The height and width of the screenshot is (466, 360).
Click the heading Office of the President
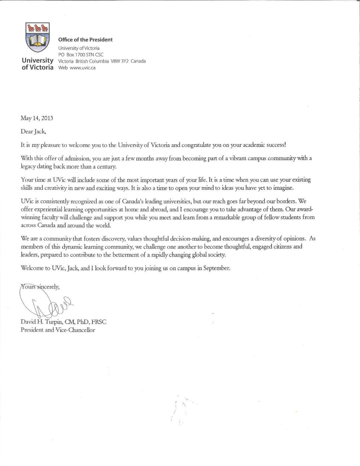click(x=85, y=40)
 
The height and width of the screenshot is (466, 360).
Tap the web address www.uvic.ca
click(x=83, y=68)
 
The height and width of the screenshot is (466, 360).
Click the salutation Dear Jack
click(x=33, y=131)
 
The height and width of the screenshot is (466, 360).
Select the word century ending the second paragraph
click(x=106, y=166)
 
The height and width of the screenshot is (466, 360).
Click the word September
click(x=216, y=268)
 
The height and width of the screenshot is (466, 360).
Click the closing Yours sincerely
click(x=40, y=287)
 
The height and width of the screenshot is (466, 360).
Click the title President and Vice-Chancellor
click(x=58, y=330)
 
